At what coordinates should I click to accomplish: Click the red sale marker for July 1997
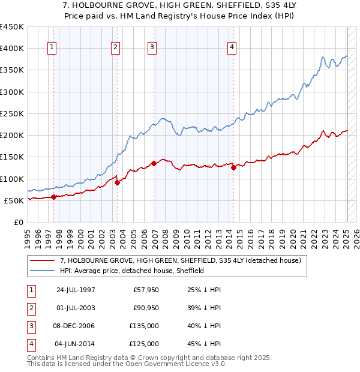(x=54, y=196)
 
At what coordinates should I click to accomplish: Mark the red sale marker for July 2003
(x=117, y=182)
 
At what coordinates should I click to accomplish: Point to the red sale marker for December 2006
(x=154, y=163)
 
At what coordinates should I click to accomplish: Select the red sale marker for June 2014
(x=233, y=168)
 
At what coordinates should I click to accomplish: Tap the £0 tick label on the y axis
(x=18, y=223)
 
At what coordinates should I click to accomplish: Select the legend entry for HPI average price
(x=132, y=271)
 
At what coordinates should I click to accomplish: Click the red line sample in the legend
(x=43, y=260)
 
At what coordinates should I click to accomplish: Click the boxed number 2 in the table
(x=30, y=308)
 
